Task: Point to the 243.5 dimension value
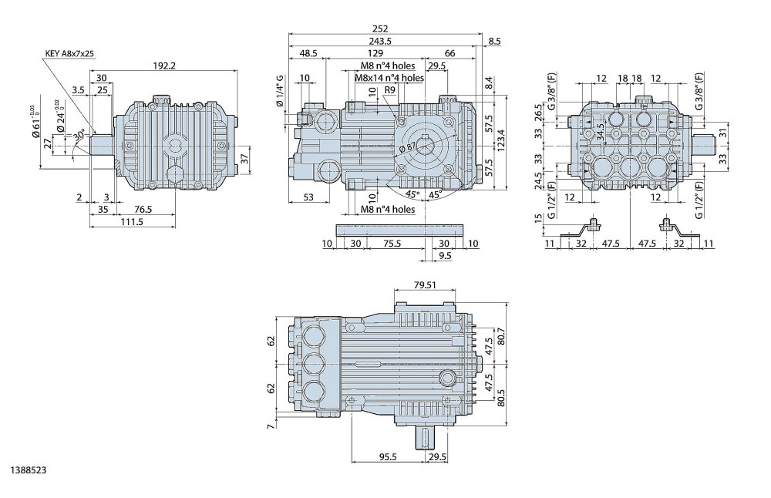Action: tap(380, 42)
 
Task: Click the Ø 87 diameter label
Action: tap(409, 146)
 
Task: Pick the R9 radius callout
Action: tap(390, 90)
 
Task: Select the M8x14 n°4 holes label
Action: tap(389, 78)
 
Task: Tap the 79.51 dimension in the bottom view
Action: tap(425, 284)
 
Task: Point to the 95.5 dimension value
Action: tap(387, 456)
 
